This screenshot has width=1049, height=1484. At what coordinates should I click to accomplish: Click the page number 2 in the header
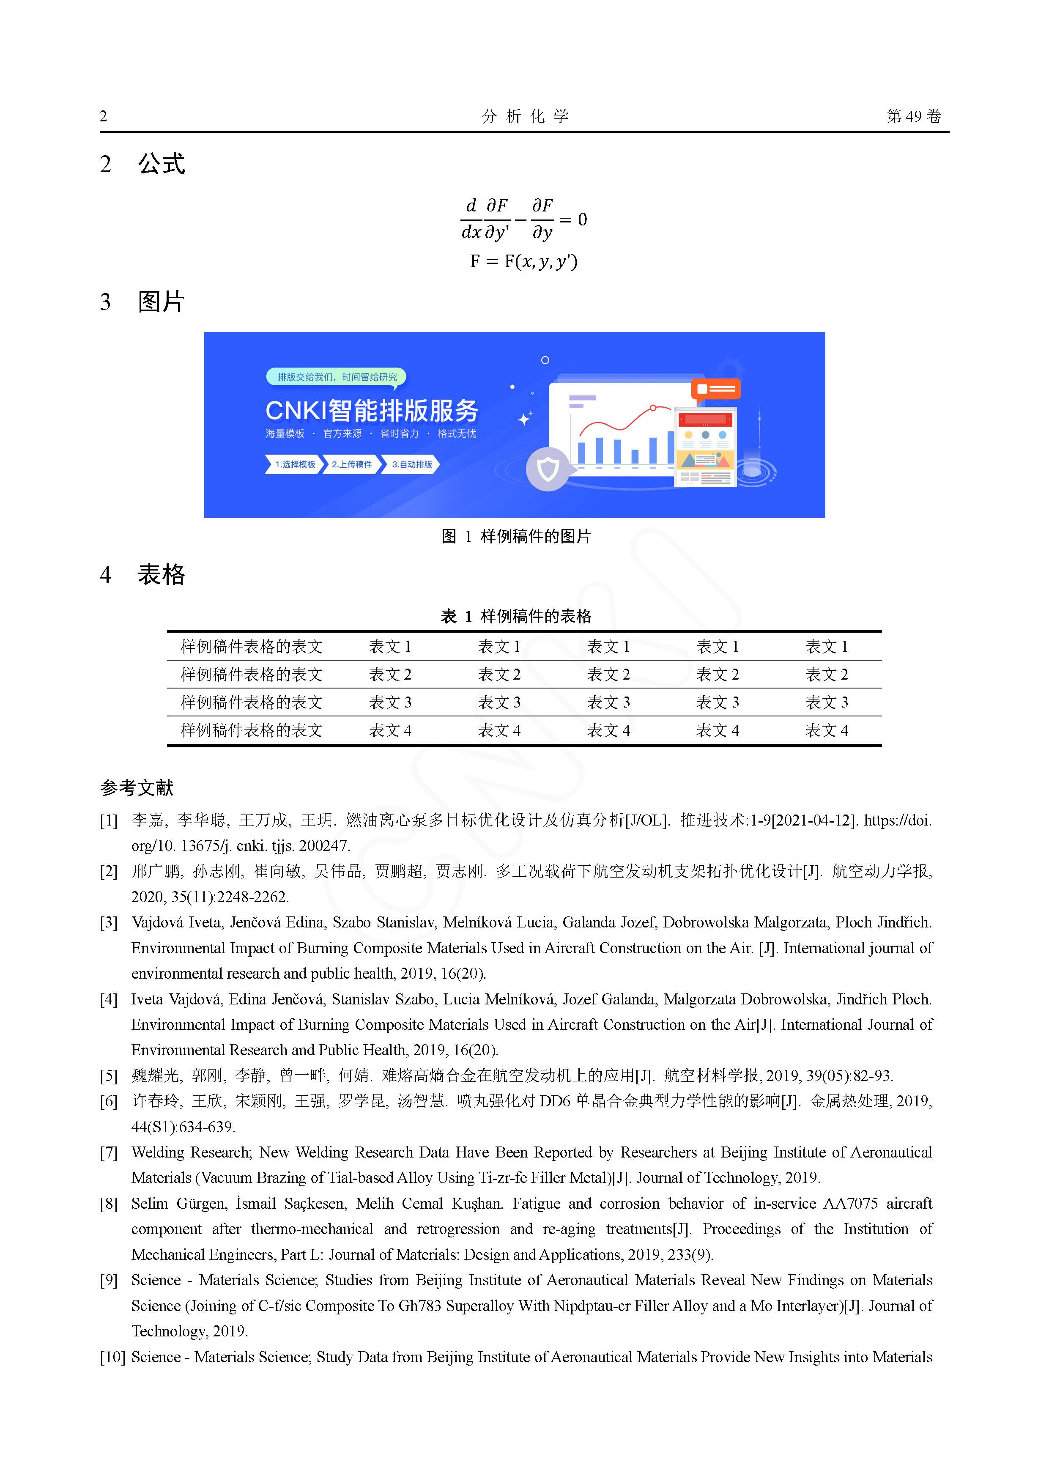[x=104, y=116]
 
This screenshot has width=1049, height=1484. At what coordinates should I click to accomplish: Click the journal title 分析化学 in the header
[x=525, y=116]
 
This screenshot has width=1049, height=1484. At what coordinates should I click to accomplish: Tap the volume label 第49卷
[x=913, y=116]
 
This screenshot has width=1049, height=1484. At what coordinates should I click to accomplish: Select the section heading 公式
[x=161, y=164]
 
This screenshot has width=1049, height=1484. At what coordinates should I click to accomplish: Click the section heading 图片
[x=161, y=302]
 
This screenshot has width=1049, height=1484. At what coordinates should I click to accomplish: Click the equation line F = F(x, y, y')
[x=523, y=261]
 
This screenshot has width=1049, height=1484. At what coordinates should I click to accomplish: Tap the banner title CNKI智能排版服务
[x=372, y=410]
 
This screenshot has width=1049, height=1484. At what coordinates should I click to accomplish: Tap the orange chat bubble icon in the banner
[x=715, y=389]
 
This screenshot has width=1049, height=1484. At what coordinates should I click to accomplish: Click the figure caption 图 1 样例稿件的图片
[x=516, y=536]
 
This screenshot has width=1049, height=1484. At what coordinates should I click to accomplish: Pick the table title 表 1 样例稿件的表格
[x=516, y=616]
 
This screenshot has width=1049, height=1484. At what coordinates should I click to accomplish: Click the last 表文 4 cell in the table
[x=826, y=730]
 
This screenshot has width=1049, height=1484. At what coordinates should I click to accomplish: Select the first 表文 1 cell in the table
[x=390, y=646]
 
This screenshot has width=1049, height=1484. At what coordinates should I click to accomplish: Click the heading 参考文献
[x=137, y=788]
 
